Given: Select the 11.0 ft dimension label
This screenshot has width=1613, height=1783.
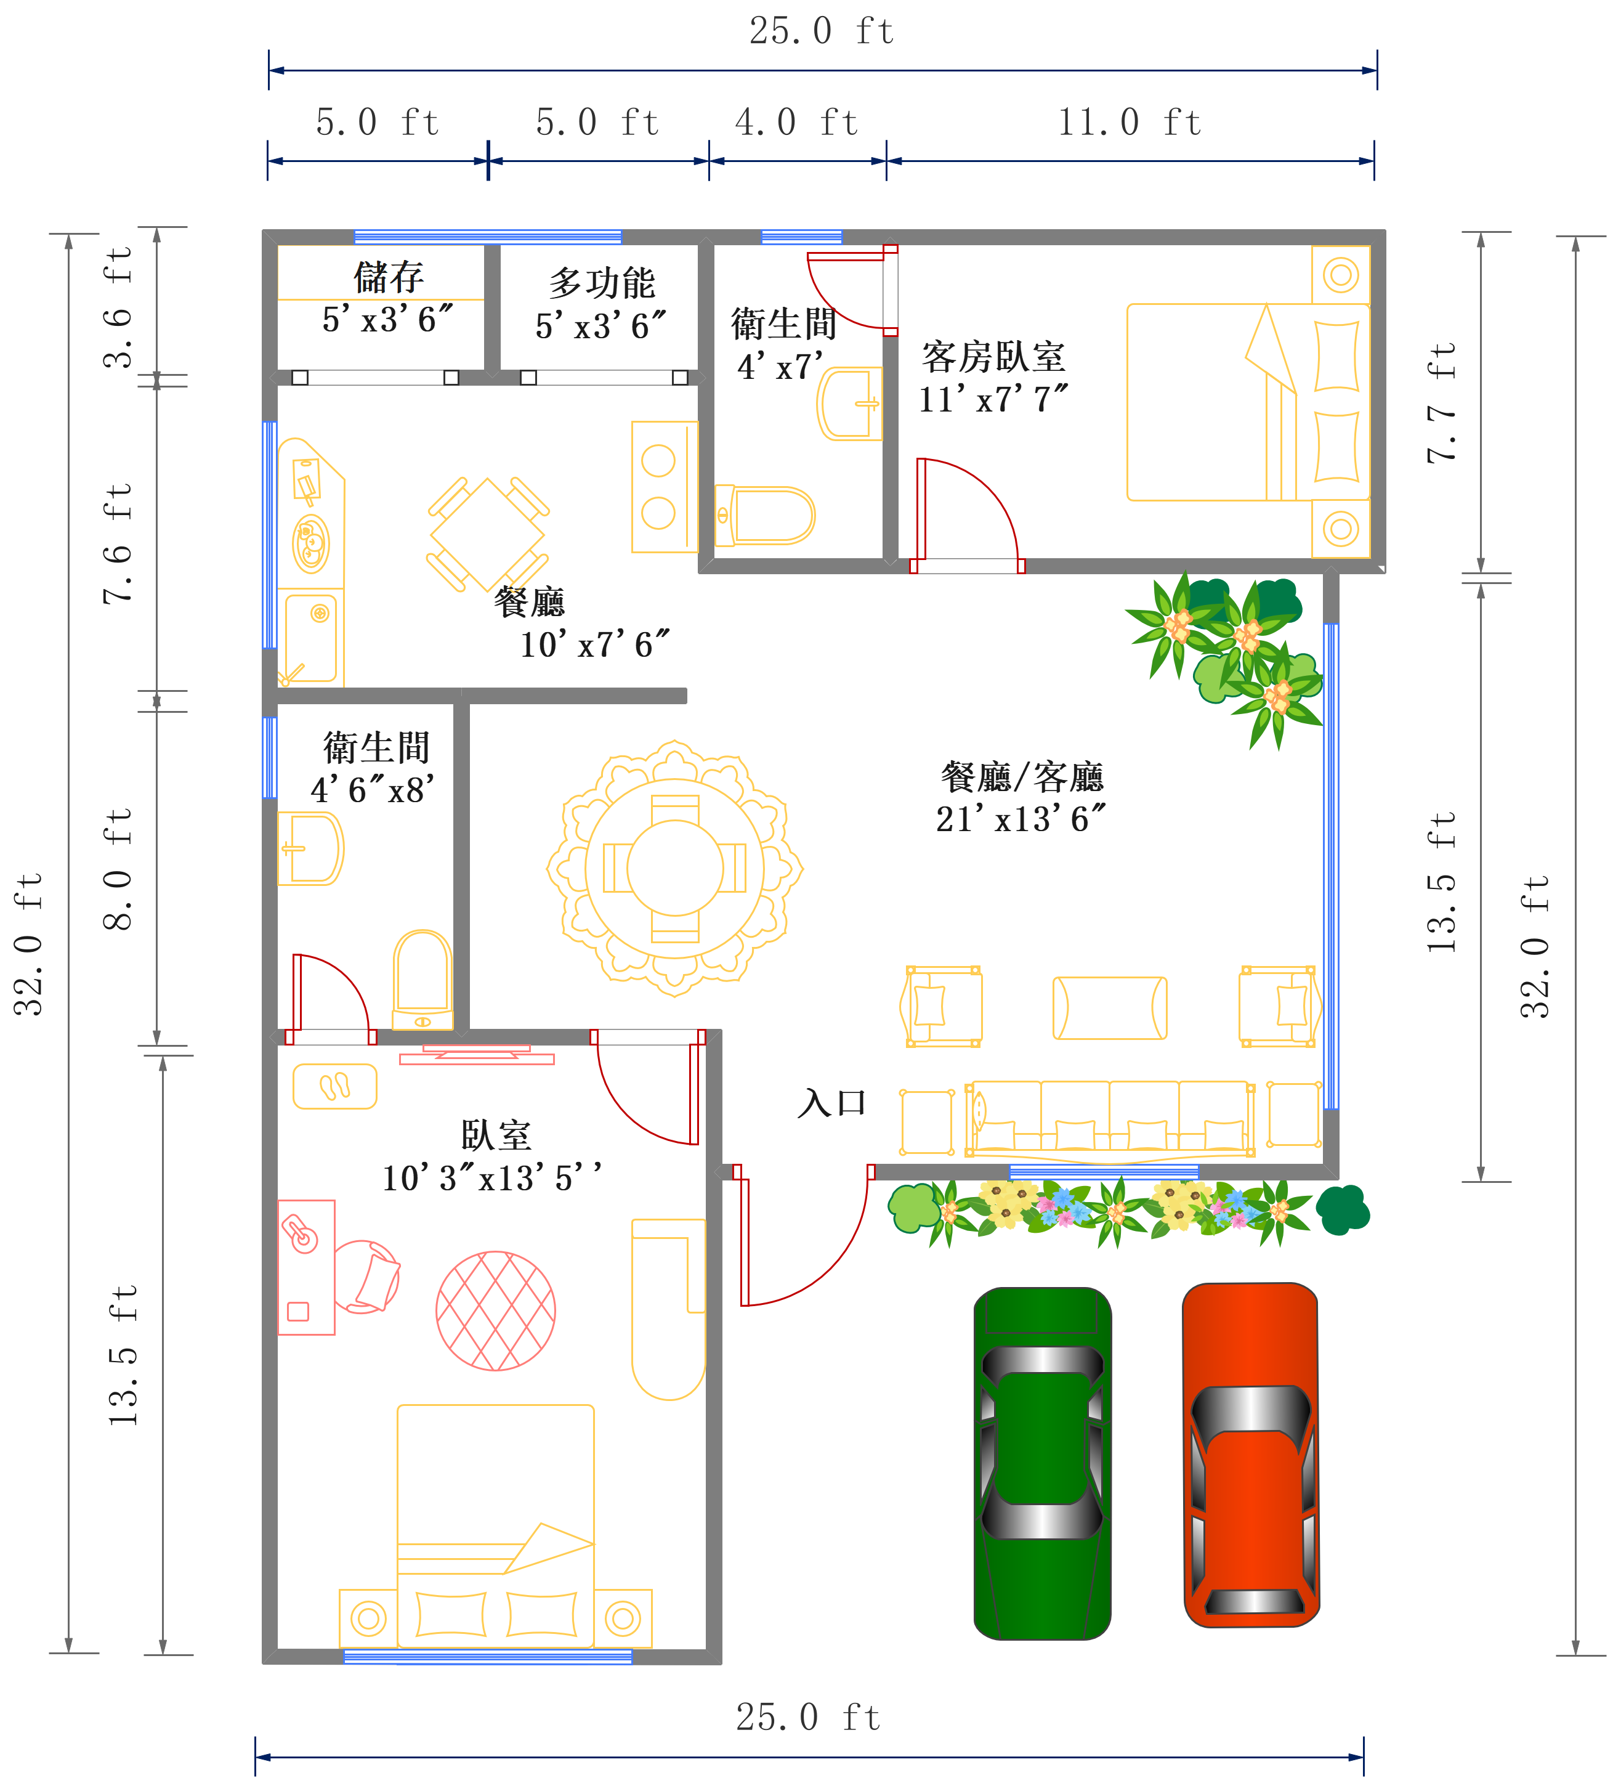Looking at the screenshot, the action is pyautogui.click(x=1130, y=122).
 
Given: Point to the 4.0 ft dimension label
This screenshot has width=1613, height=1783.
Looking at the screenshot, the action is pyautogui.click(x=796, y=122).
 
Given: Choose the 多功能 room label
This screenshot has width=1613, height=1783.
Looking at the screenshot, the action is pyautogui.click(x=601, y=283).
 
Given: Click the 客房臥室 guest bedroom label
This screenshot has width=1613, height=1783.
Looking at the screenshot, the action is pyautogui.click(x=993, y=357).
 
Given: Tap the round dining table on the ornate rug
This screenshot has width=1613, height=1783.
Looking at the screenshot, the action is pyautogui.click(x=675, y=869).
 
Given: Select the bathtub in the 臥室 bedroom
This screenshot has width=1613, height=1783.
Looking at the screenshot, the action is pyautogui.click(x=669, y=1309).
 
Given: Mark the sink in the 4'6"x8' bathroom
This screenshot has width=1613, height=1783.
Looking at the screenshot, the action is pyautogui.click(x=310, y=848).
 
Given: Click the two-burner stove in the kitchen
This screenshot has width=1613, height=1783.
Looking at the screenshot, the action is pyautogui.click(x=664, y=487).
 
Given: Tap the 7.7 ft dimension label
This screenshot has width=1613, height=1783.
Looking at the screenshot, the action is pyautogui.click(x=1441, y=402).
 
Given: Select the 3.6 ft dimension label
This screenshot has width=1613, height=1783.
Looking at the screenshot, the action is pyautogui.click(x=117, y=307).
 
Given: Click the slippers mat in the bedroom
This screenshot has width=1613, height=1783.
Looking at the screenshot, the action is pyautogui.click(x=334, y=1086).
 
